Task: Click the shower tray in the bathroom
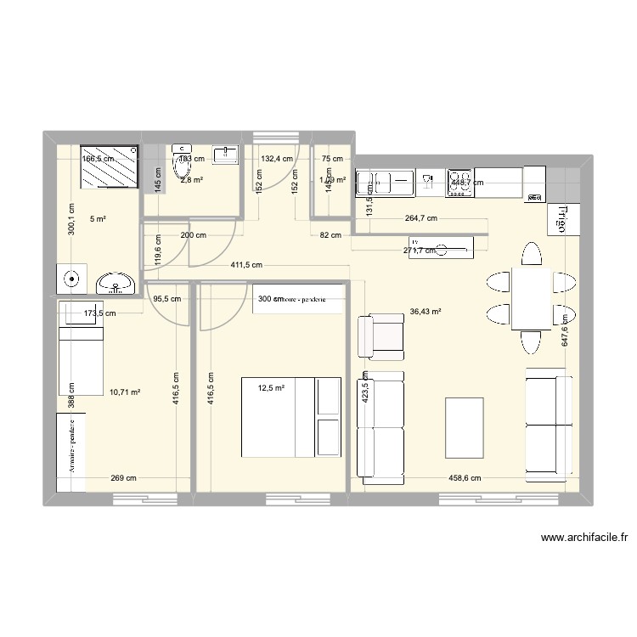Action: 110,166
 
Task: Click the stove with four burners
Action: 460,183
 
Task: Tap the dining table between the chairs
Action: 532,298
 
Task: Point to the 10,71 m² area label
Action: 124,392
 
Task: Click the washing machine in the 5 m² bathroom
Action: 72,278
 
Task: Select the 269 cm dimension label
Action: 123,478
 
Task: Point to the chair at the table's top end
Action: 531,254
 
